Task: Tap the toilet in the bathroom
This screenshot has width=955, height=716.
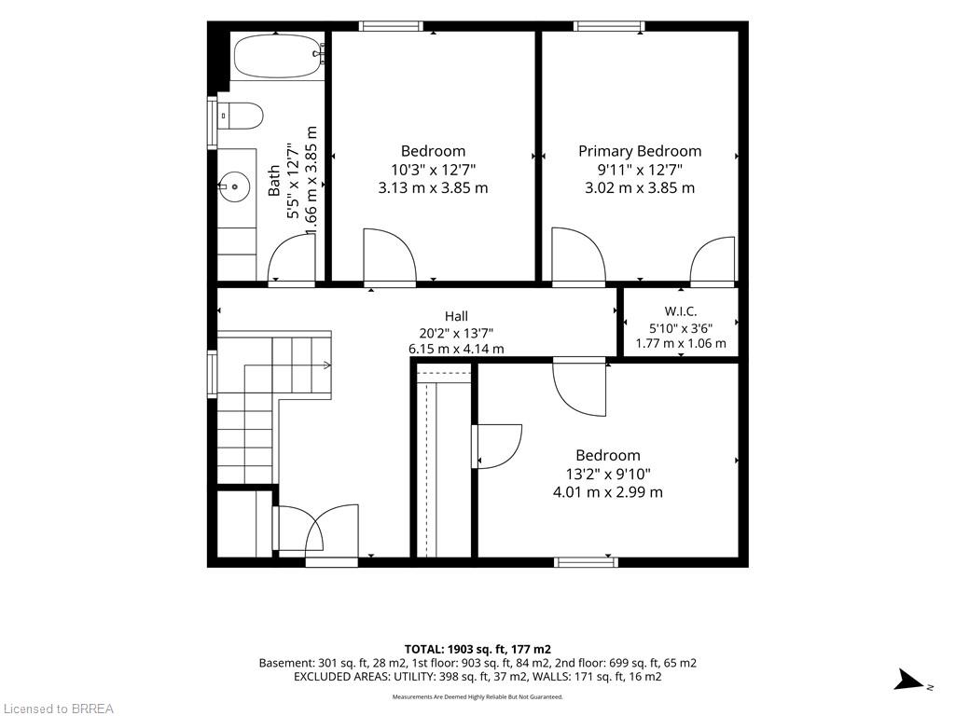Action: [241, 116]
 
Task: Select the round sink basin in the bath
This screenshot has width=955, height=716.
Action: [234, 186]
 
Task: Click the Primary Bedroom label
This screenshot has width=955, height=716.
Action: [640, 151]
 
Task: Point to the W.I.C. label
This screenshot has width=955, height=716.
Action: [680, 311]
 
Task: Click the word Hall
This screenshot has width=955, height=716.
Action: [456, 316]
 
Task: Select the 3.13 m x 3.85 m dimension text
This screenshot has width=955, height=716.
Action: [433, 187]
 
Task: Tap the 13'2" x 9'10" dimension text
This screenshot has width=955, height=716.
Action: [608, 474]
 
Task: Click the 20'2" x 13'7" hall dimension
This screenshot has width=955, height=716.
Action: [456, 333]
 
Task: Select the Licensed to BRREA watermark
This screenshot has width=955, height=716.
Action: [58, 709]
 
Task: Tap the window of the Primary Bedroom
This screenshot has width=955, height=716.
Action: [609, 26]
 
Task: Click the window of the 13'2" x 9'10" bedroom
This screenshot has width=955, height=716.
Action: [586, 562]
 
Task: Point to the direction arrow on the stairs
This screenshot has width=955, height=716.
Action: [287, 365]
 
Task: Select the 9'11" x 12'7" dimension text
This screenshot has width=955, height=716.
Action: [640, 170]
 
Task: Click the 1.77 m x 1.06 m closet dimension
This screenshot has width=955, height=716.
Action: [681, 343]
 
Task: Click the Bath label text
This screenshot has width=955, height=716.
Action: [274, 180]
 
